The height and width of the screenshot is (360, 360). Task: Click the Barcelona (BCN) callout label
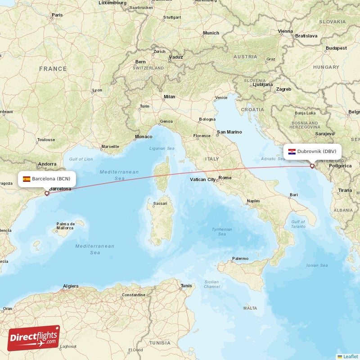[x=47, y=179]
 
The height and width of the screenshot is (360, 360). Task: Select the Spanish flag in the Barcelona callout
[x=27, y=179]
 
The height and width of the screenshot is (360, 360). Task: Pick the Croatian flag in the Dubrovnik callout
[x=292, y=151]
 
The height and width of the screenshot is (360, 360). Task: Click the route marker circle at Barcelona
[x=47, y=193]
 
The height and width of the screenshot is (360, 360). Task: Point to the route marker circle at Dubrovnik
[x=312, y=166]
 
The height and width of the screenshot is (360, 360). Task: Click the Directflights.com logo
[x=34, y=338]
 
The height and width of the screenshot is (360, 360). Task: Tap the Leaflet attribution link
[x=350, y=356]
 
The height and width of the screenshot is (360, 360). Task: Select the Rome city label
[x=225, y=178]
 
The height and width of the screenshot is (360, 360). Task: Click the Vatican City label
[x=203, y=180]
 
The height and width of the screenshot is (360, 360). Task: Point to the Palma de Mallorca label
[x=65, y=226]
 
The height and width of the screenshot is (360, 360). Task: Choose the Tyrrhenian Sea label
[x=222, y=232]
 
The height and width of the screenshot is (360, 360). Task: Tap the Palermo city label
[x=240, y=259]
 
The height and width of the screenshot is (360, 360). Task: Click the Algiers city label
[x=71, y=286]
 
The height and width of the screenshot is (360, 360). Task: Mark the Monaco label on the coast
[x=144, y=136]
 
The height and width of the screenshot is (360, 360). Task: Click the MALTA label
[x=250, y=308]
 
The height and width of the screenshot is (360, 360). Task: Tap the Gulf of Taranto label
[x=298, y=224]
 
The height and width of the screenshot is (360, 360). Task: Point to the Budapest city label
[x=336, y=48]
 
